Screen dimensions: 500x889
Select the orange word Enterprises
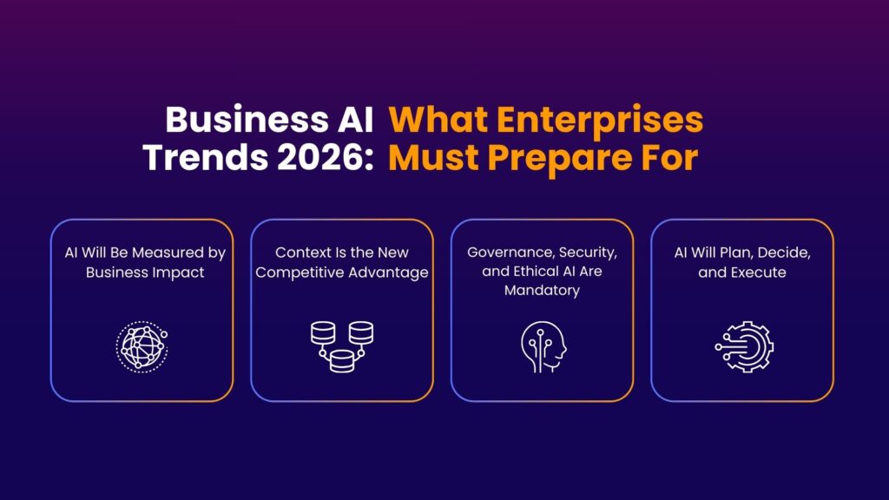pos(596,120)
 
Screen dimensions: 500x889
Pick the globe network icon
pos(142,345)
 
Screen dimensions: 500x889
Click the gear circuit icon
pos(744,345)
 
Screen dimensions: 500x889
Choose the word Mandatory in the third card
pos(542,291)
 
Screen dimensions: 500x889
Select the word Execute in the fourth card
pos(760,272)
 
